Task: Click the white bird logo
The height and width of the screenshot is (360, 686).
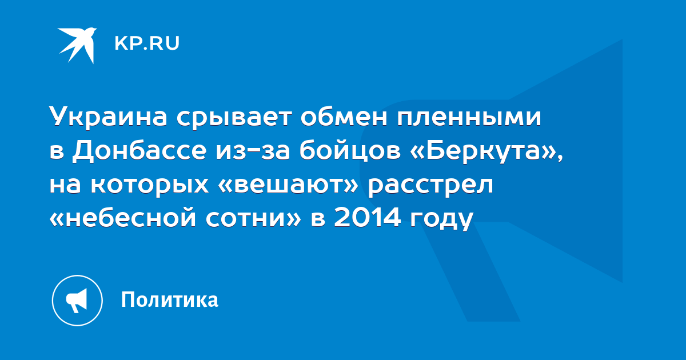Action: [x=78, y=45]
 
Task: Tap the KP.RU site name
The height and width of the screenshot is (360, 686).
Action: [x=147, y=43]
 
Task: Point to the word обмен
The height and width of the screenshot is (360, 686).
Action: [x=344, y=117]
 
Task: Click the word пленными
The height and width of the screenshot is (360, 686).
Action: [x=469, y=117]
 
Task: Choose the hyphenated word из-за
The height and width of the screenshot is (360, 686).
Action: [x=253, y=151]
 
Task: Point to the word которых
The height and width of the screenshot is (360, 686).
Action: [x=150, y=185]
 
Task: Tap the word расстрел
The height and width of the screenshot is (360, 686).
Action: [x=430, y=185]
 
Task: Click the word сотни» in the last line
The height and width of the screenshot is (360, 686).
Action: [x=253, y=218]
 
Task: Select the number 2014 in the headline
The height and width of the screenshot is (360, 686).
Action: [x=367, y=217]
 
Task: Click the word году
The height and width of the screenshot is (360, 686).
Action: [x=442, y=219]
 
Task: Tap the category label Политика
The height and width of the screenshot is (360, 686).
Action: [x=170, y=299]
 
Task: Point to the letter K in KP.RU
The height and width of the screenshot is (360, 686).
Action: [x=121, y=43]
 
